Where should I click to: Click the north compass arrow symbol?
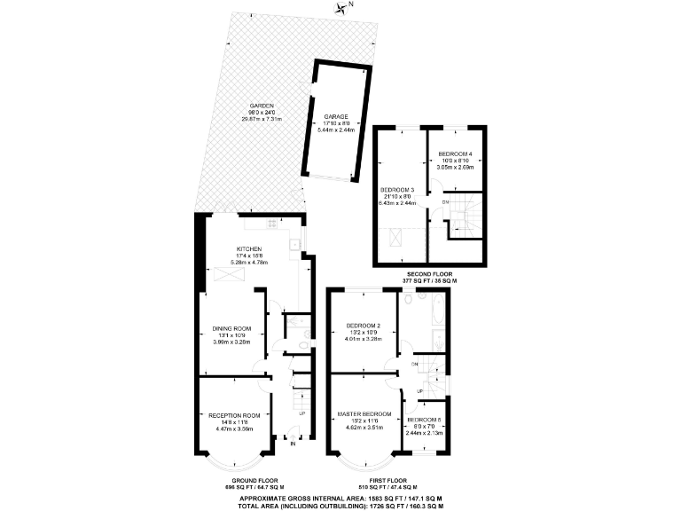pos(341,8)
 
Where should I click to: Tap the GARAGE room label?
pos(335,116)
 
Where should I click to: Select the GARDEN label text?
pos(262,104)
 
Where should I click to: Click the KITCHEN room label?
pos(248,248)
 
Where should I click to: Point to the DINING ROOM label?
pos(226,327)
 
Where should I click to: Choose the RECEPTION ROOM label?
pos(234,414)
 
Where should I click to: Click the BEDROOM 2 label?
pos(364,325)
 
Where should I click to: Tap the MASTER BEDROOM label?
pos(364,414)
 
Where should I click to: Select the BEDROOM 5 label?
pos(422,419)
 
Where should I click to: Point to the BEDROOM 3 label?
pos(397,190)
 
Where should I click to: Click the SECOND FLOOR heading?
pos(428,275)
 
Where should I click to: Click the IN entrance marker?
pos(294,444)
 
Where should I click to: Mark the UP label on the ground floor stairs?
pos(301,413)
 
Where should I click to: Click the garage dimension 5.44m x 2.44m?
pos(335,130)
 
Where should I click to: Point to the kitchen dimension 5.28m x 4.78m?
pos(248,263)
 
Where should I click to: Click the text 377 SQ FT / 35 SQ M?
pos(428,282)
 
